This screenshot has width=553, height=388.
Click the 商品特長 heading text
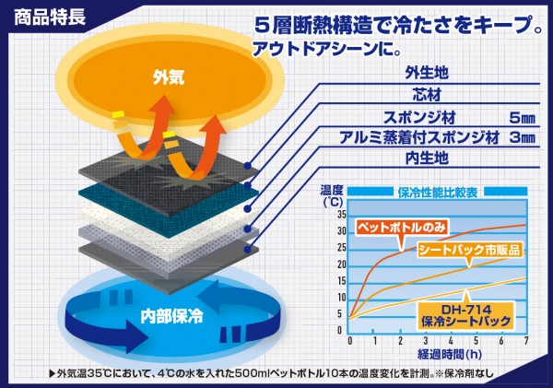[50, 17]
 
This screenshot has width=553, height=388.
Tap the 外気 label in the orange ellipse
[169, 76]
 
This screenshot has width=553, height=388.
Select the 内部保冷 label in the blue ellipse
[171, 316]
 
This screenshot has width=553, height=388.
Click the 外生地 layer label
[427, 73]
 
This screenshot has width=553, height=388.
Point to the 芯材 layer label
[427, 95]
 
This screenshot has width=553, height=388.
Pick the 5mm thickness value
[523, 118]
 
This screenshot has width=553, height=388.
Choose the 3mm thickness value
[523, 137]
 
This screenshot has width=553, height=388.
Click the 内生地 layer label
[427, 158]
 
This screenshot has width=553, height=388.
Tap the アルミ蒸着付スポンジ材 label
[419, 137]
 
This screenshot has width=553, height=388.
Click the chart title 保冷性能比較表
[438, 193]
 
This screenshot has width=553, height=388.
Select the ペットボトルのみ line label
[402, 228]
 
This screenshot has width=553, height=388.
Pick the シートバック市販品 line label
[469, 250]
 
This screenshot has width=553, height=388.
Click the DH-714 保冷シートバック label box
[465, 315]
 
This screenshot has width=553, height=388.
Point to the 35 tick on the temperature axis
[342, 215]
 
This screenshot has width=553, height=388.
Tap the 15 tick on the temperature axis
[342, 281]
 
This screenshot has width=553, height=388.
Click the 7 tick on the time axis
[526, 341]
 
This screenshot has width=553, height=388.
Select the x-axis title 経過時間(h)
[450, 354]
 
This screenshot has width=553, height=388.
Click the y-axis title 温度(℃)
[332, 195]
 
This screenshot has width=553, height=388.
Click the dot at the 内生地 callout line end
[247, 250]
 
